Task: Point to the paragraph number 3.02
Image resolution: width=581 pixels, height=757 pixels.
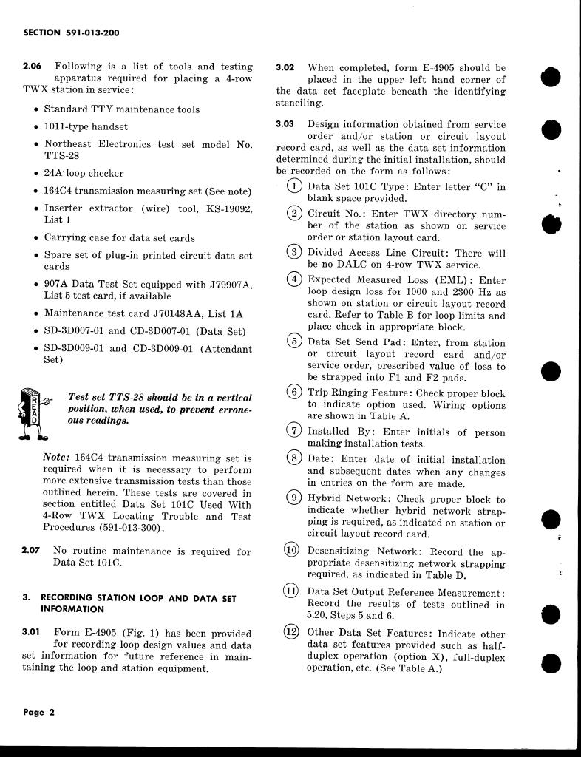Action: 285,67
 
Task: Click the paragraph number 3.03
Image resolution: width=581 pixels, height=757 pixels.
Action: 285,123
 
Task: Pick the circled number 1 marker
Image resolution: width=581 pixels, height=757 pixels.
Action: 294,186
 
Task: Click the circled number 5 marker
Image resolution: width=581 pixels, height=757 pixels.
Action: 294,342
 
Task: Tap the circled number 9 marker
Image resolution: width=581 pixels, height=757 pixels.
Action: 294,498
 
